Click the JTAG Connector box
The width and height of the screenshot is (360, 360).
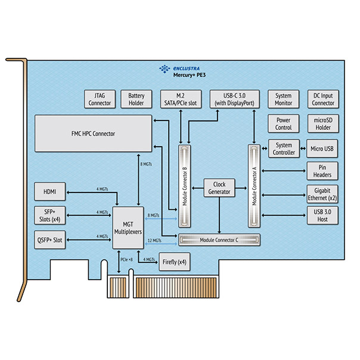pyautogui.click(x=100, y=99)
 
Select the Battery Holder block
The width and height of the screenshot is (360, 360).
pyautogui.click(x=136, y=99)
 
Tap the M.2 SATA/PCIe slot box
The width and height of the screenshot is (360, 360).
pyautogui.click(x=181, y=99)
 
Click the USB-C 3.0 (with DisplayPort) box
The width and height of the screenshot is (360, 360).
pyautogui.click(x=235, y=99)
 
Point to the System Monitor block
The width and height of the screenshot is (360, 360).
pyautogui.click(x=284, y=99)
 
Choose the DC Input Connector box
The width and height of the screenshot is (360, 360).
pyautogui.click(x=323, y=99)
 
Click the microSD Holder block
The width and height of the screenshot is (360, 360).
pyautogui.click(x=323, y=123)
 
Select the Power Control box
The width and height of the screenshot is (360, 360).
pyautogui.click(x=284, y=123)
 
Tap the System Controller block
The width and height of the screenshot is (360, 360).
pyautogui.click(x=284, y=148)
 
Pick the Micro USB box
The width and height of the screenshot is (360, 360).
pyautogui.click(x=322, y=148)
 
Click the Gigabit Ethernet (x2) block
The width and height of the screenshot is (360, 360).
pyautogui.click(x=322, y=194)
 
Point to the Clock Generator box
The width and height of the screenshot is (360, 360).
pyautogui.click(x=219, y=188)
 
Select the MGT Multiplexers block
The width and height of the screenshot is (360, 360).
pyautogui.click(x=128, y=228)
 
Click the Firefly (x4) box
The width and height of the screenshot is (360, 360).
pyautogui.click(x=175, y=262)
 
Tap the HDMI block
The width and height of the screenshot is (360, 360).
pyautogui.click(x=50, y=191)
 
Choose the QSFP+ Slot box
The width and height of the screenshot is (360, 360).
pyautogui.click(x=50, y=240)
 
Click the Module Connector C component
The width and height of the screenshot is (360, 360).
pyautogui.click(x=219, y=240)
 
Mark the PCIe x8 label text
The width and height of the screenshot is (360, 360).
pyautogui.click(x=126, y=259)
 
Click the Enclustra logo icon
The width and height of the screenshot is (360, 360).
pyautogui.click(x=165, y=69)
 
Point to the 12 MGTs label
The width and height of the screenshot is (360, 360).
pyautogui.click(x=154, y=240)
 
